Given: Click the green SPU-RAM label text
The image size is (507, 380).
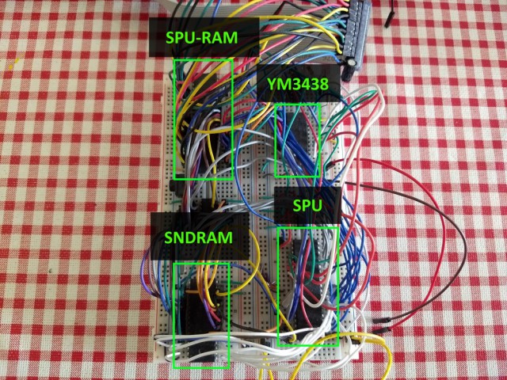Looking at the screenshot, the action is [202, 38].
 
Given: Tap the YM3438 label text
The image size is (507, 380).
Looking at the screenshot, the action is [298, 85].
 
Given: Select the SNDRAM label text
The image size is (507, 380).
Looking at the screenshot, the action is [199, 237].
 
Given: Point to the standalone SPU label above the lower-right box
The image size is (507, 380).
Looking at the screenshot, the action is [307, 206].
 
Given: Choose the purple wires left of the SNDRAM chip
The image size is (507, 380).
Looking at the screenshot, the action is [150, 278].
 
